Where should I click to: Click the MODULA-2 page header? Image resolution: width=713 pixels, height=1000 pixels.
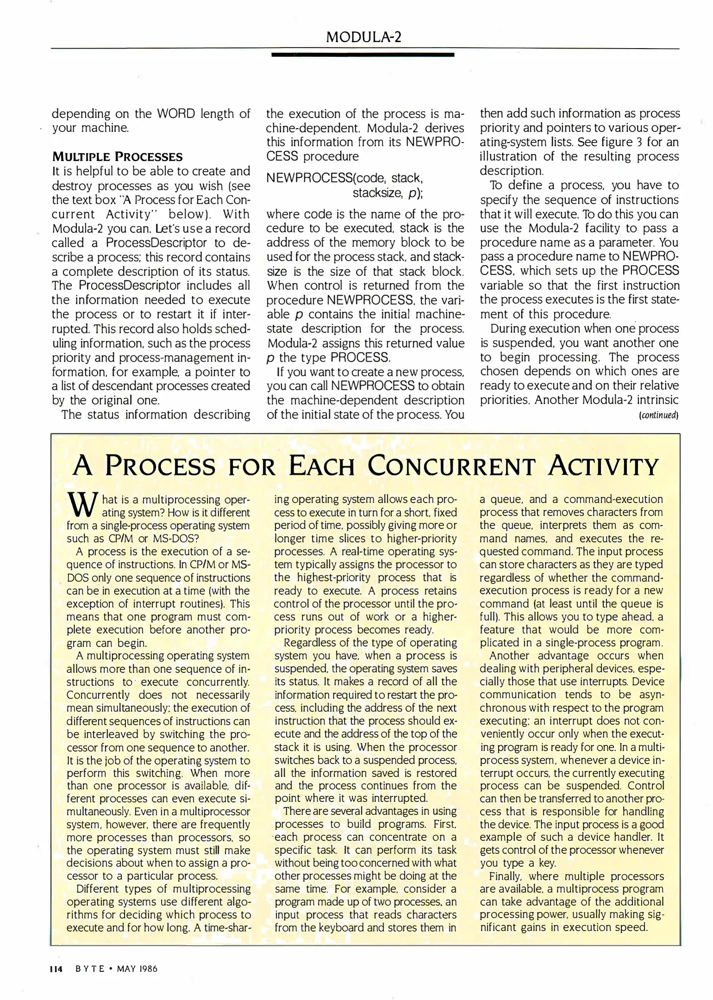tap(363, 37)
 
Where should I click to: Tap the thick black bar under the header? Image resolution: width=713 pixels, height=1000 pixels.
tap(362, 55)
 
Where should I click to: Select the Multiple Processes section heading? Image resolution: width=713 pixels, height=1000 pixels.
tap(117, 156)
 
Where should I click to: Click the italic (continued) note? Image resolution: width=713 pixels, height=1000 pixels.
tap(658, 415)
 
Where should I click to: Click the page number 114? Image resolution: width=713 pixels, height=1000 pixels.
tap(56, 969)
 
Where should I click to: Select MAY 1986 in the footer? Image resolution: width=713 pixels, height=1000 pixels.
tap(137, 969)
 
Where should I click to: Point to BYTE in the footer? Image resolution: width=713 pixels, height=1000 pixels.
tap(90, 969)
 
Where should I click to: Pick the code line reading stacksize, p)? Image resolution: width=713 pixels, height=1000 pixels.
tap(387, 193)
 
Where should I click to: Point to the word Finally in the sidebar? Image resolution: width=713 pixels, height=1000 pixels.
tap(505, 876)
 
